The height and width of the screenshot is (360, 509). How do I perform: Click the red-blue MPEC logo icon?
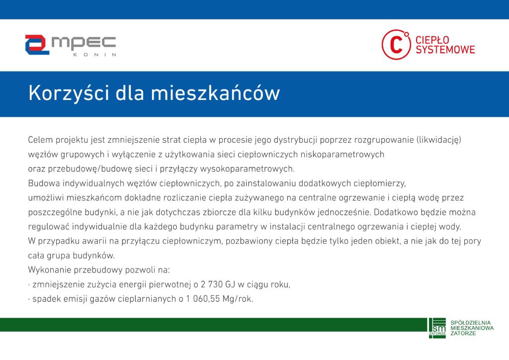(37, 45)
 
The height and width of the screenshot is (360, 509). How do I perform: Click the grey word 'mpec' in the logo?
(84, 43)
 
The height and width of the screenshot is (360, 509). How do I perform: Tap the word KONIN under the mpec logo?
(94, 55)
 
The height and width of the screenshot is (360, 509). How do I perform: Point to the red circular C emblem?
(396, 44)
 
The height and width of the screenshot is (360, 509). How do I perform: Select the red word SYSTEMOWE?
(445, 50)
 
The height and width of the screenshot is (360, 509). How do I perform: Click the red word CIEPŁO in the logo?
(432, 40)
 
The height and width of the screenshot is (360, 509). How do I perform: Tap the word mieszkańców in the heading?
(215, 93)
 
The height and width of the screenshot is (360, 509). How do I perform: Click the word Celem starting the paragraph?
(40, 140)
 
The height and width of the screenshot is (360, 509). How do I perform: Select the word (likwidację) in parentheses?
(438, 140)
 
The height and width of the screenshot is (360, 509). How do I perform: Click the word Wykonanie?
(49, 270)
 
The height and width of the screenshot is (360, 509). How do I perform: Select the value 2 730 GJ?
(218, 285)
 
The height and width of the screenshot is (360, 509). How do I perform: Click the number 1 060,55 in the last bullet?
(203, 299)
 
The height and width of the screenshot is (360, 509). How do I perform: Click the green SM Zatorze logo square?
(437, 328)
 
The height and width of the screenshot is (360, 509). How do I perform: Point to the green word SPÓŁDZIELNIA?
(470, 323)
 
